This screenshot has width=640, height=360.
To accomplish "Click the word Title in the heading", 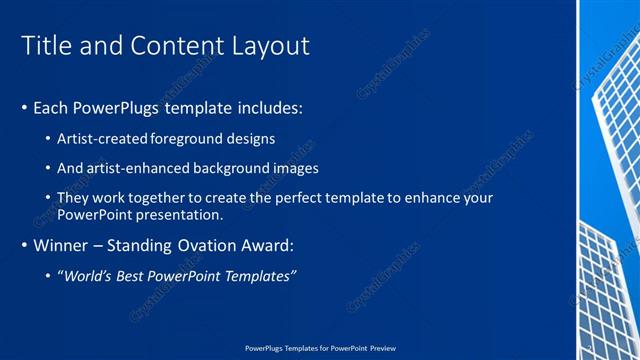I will [x=47, y=46].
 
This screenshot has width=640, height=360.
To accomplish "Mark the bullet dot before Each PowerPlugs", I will [x=24, y=107].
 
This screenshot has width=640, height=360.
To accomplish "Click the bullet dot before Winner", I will [x=24, y=245].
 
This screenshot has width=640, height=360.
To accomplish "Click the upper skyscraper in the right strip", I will [x=616, y=130].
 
